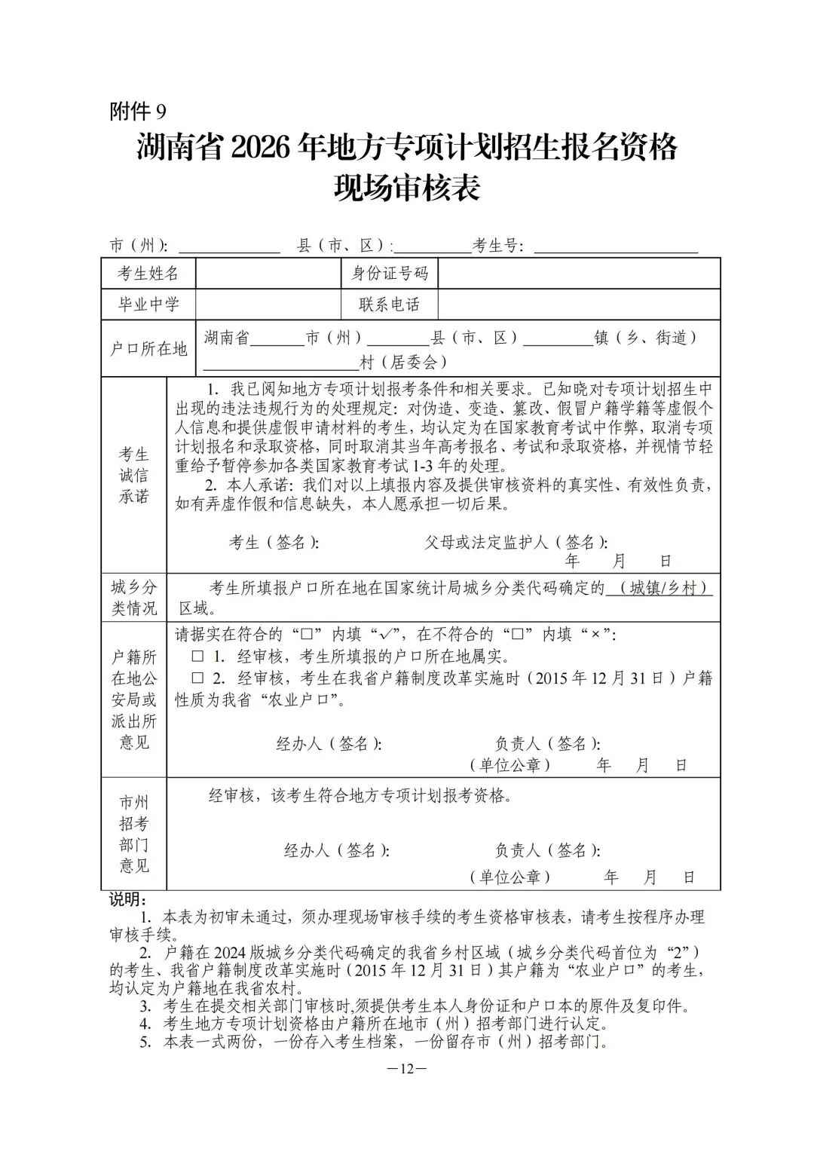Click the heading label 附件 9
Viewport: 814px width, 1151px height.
point(138,112)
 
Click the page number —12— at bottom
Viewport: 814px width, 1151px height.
point(406,1069)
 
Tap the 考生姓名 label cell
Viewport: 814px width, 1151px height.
point(148,273)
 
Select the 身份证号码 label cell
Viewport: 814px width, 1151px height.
point(390,273)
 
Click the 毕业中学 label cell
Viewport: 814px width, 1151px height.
point(148,305)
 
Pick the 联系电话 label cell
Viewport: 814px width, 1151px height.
point(390,305)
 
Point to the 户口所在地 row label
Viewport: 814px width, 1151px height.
point(148,349)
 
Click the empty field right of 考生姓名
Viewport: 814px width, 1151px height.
point(268,273)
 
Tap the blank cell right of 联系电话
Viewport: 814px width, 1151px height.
point(578,305)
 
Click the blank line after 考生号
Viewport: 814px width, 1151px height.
point(615,246)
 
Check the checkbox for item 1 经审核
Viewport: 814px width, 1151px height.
point(197,656)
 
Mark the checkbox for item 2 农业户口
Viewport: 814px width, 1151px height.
point(197,678)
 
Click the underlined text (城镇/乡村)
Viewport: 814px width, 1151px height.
point(659,588)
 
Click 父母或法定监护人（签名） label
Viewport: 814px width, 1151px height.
point(516,543)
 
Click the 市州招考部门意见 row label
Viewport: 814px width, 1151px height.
point(134,834)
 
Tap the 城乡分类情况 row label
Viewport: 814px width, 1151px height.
point(134,598)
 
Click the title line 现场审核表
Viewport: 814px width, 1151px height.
point(407,188)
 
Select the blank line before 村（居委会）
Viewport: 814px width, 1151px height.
point(281,363)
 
